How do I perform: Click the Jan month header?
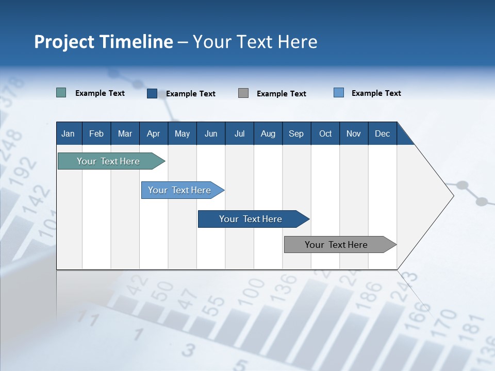point(68,133)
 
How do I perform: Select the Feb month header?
point(96,133)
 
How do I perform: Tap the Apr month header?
point(153,133)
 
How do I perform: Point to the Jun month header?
point(211,133)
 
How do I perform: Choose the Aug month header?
point(268,133)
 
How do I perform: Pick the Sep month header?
point(296,133)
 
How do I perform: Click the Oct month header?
point(325,133)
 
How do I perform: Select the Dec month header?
point(382,133)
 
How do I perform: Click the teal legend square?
point(61,93)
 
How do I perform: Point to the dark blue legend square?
point(152,93)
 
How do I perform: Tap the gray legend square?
point(243,93)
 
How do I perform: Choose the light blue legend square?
point(339,93)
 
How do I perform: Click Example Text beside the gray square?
point(281,93)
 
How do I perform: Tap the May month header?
point(182,133)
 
